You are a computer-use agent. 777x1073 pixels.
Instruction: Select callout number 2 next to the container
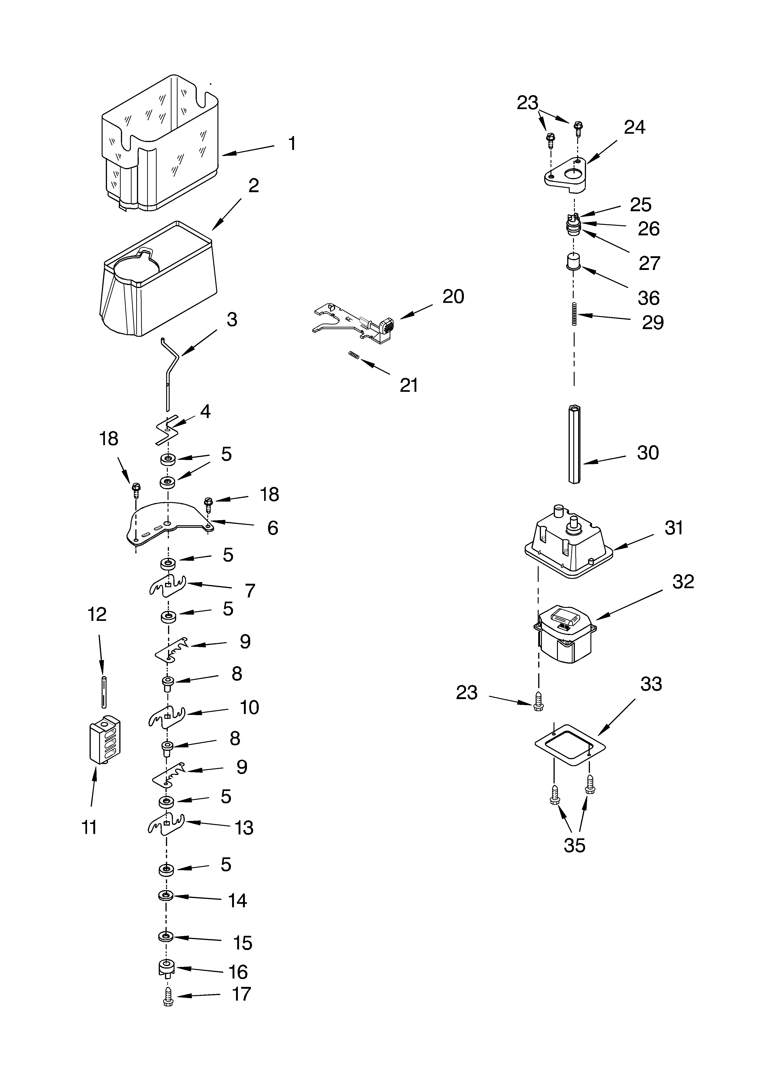(254, 186)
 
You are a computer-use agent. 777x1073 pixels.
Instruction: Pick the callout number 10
(249, 707)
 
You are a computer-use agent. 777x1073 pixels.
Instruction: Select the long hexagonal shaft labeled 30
(574, 442)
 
